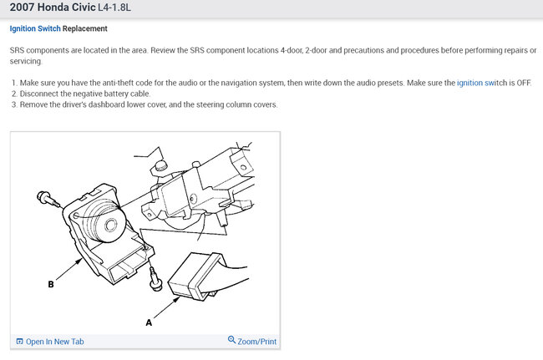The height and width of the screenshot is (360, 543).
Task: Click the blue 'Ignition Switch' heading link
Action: point(35,28)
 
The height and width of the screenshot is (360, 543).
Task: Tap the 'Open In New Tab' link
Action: point(54,342)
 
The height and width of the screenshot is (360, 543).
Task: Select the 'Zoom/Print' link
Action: point(257,342)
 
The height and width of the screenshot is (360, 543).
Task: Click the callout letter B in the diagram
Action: point(51,284)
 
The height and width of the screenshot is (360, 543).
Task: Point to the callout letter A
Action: point(149,322)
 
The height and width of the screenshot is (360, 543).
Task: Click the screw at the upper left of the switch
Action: point(48,199)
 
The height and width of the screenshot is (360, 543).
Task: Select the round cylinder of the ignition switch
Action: point(105,221)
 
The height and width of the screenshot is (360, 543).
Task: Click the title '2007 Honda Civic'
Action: point(53,8)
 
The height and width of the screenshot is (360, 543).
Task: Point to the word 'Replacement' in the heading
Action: point(85,28)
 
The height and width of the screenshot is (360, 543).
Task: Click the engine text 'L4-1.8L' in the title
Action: point(114,8)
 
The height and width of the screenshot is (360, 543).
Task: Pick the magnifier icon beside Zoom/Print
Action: point(231,340)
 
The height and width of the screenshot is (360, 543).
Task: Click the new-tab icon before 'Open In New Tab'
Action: point(20,342)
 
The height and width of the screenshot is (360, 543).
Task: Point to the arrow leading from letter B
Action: point(69,269)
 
